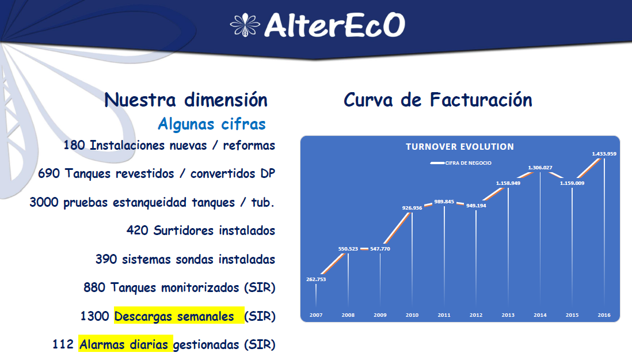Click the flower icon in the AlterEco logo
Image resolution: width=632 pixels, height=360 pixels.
pos(245,25)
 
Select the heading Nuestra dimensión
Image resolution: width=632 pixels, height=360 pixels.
pos(186,100)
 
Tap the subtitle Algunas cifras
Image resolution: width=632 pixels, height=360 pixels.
pos(212,124)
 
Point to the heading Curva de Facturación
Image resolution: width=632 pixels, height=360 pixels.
pos(437,100)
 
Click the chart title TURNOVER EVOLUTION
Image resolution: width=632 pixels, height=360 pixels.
pos(460,147)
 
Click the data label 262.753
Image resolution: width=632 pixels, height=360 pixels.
pos(316,279)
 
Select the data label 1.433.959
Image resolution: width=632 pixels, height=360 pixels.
pos(604,154)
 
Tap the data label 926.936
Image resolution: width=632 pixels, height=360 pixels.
pos(412,208)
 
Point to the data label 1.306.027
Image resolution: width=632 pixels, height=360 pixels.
pos(540,168)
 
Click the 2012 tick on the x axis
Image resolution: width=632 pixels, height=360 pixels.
pos(476,315)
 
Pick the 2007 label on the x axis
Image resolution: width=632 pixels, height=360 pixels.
pos(316,315)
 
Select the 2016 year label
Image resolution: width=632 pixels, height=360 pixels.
pos(604,315)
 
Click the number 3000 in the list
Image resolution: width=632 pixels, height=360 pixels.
pos(44,202)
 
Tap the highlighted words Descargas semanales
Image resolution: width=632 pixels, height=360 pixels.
pos(174,316)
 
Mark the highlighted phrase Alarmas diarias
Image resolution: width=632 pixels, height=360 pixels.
pos(124,344)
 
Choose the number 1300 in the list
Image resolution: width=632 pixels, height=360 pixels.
pos(95,316)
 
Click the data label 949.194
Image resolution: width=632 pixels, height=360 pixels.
pos(476,206)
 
